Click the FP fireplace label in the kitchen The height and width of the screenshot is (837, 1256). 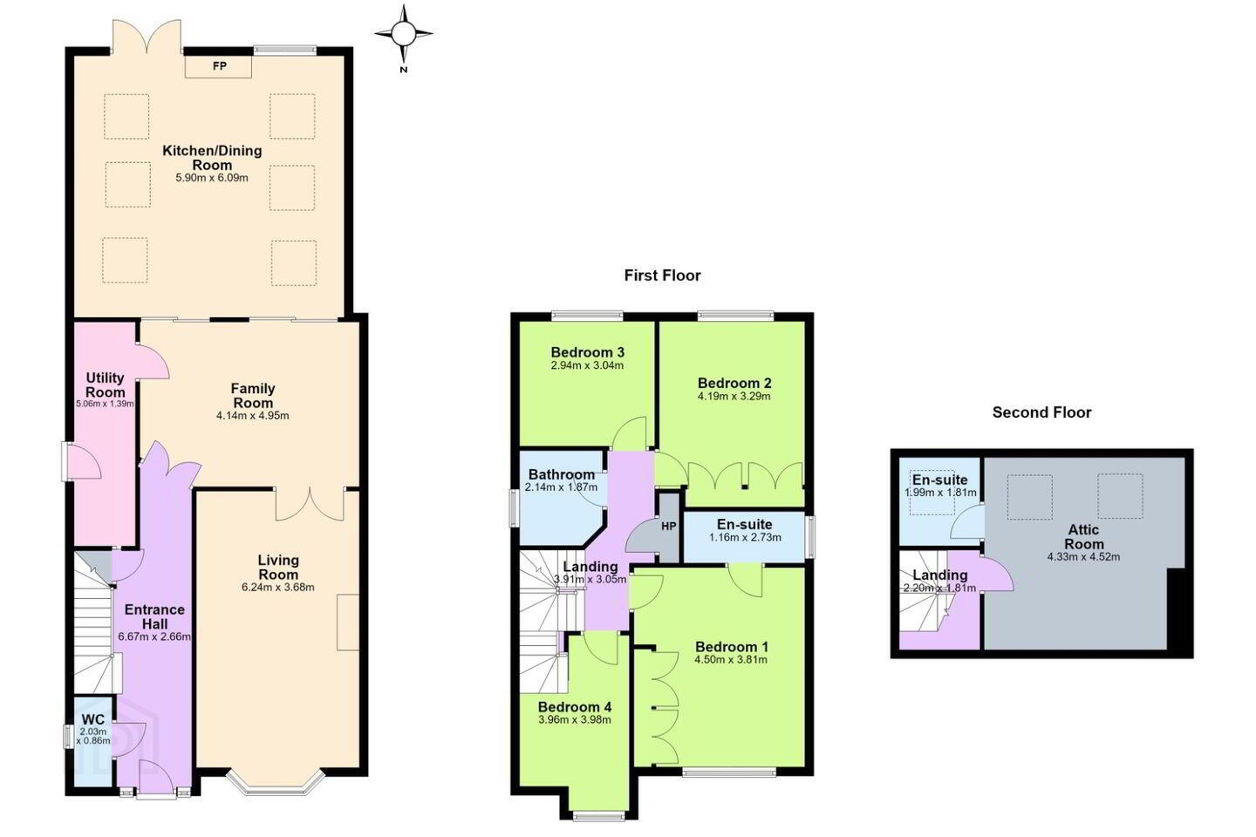click(219, 66)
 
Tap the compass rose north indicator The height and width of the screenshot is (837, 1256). click(403, 34)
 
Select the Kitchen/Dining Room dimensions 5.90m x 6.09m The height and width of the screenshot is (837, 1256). click(212, 178)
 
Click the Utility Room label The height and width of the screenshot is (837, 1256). click(105, 384)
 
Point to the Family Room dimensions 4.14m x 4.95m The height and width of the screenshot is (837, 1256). click(253, 416)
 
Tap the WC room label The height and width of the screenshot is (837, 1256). click(93, 719)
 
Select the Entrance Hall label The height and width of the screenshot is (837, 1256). click(154, 616)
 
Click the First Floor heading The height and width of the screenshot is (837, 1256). click(662, 276)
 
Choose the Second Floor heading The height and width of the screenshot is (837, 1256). click(1041, 412)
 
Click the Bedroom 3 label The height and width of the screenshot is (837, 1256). click(587, 352)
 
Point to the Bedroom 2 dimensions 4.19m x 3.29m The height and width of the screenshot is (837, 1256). click(734, 397)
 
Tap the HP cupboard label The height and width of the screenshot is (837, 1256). click(668, 527)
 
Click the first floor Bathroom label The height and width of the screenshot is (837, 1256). click(562, 475)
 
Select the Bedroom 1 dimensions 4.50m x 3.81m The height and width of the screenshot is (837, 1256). click(731, 660)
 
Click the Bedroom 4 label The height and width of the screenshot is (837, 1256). click(574, 706)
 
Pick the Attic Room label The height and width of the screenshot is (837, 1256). click(1083, 536)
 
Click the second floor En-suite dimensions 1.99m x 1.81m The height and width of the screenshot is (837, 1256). click(940, 493)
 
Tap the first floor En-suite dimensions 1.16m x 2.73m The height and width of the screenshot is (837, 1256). click(745, 538)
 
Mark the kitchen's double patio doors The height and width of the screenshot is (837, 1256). click(147, 37)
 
